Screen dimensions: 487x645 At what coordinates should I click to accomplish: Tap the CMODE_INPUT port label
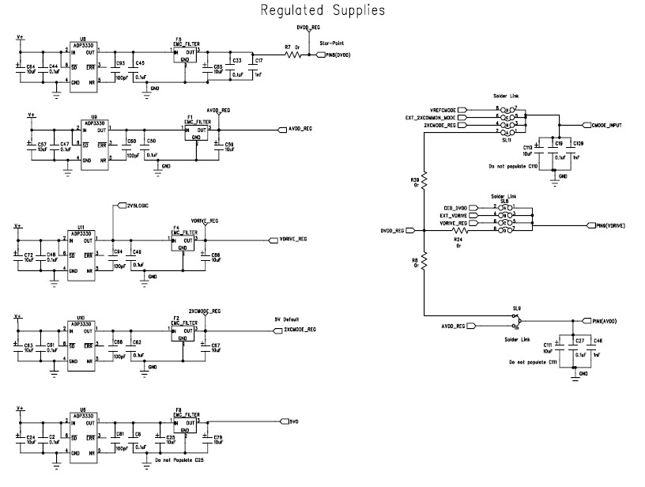click(606, 126)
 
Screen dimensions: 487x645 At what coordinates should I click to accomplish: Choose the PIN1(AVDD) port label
click(604, 322)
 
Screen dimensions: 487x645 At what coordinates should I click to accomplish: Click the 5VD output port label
click(293, 421)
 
